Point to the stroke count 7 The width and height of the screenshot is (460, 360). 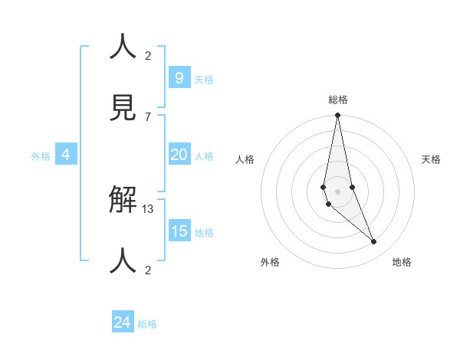tap(148, 116)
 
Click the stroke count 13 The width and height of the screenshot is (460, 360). tap(148, 209)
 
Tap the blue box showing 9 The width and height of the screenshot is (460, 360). tap(179, 77)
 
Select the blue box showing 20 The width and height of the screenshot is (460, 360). tap(179, 155)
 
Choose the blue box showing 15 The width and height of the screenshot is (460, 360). tap(179, 231)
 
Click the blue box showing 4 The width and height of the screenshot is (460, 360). tap(66, 155)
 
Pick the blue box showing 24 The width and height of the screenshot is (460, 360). tap(122, 322)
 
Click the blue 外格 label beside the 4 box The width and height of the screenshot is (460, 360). tap(41, 156)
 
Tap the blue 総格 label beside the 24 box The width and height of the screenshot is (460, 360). tap(147, 324)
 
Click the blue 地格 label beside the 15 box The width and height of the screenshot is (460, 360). tap(204, 233)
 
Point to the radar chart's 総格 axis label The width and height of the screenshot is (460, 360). tap(338, 100)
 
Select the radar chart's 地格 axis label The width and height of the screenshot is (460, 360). tap(402, 262)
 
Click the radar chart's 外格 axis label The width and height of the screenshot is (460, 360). tap(270, 262)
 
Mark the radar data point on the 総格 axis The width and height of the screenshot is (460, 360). tap(337, 116)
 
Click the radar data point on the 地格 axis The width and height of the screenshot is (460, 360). tap(374, 242)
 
